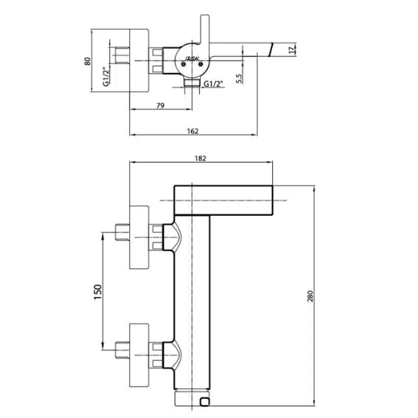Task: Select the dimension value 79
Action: point(160,105)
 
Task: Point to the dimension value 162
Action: point(192,131)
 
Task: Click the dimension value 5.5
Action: point(239,77)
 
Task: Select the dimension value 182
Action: point(201,158)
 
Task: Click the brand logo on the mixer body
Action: point(190,58)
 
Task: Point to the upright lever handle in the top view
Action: point(204,34)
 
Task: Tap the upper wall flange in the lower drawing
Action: point(140,237)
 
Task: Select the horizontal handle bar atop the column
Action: point(223,199)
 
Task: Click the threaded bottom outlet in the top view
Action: point(195,87)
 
